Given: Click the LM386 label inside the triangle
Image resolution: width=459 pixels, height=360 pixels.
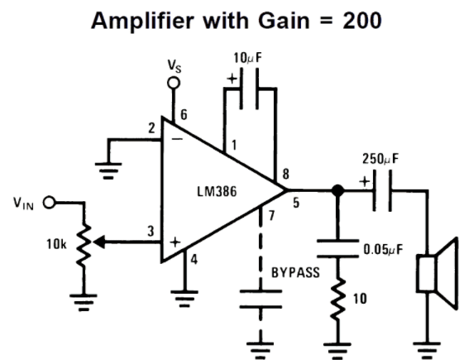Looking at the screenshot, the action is pos(217,191).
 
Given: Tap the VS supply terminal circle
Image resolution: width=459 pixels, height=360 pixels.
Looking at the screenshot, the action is pos(174,83).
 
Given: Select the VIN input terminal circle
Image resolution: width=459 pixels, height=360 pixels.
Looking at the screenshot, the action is pos(49,203).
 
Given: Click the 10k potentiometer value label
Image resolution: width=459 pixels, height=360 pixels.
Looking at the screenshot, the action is pos(56,244).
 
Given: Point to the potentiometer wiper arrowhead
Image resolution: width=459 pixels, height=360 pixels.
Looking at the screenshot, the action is pos(98,242).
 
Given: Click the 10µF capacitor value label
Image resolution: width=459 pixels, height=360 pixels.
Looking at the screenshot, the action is pos(247,58).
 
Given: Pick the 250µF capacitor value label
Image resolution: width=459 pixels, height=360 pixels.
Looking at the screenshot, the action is pos(380,158).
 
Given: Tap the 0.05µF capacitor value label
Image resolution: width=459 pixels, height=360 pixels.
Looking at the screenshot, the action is pos(383,249).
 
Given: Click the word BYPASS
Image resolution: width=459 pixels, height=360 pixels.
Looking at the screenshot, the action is pos(295,272).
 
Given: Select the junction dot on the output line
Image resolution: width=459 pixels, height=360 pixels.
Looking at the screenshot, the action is pos(337,190).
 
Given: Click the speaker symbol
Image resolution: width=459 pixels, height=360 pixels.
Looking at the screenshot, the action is pos(437,273).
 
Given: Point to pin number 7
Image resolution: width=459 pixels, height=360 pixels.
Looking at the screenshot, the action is pos(271,215).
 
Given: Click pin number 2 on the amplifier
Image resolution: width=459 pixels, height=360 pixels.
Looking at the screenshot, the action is pos(151,128).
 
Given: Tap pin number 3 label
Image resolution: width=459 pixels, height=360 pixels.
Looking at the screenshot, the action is pos(151,231).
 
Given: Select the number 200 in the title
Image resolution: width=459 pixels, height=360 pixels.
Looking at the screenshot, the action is pos(362,21).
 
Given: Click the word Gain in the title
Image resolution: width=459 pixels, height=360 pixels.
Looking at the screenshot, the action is pos(284,21).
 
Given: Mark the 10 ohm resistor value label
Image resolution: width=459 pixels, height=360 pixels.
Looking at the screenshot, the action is pos(360,299).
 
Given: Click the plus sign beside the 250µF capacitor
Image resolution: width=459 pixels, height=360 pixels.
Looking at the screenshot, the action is pos(365,181).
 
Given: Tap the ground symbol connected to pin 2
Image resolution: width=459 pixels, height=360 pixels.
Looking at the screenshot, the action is pos(108,170).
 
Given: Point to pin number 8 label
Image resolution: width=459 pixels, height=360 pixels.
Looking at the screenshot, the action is pos(285,174).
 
